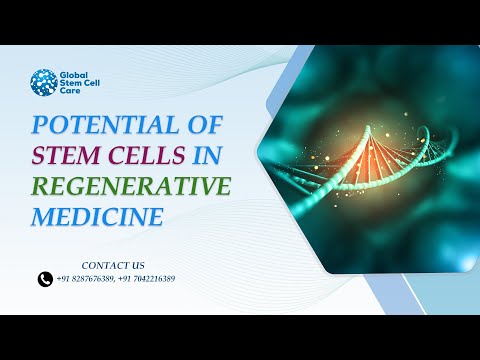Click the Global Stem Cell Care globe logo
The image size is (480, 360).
(x=43, y=83)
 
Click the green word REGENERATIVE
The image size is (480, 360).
(x=131, y=187)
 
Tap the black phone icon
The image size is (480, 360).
(x=45, y=280)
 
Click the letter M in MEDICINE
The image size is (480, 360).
(x=43, y=216)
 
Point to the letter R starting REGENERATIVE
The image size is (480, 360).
(x=41, y=187)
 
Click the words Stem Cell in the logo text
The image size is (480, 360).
(x=81, y=83)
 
